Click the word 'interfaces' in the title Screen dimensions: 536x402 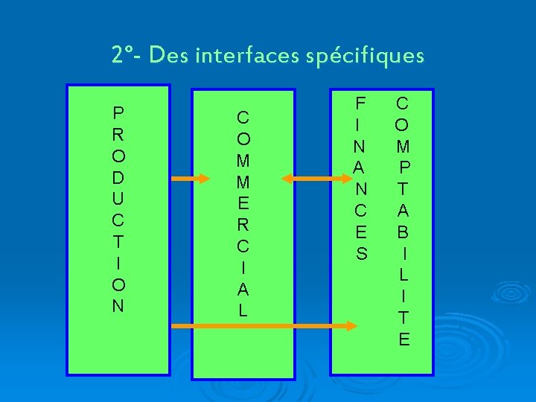point(249,56)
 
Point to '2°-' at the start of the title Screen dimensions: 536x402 point(127,56)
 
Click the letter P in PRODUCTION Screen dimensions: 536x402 point(118,114)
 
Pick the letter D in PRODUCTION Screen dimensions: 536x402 point(118,179)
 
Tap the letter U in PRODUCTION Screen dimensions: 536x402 point(118,200)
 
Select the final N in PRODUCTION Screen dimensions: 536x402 point(118,306)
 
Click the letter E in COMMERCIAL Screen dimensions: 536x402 point(243,203)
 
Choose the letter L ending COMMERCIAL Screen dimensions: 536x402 point(243,310)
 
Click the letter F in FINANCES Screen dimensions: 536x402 point(361,103)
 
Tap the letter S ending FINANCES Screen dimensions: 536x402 point(361,254)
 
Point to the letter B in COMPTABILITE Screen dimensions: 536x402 point(403,232)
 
